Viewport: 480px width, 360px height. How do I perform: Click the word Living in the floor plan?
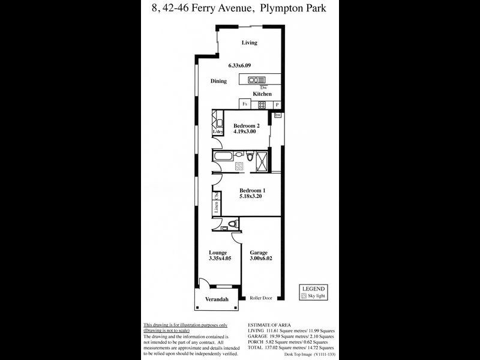249,43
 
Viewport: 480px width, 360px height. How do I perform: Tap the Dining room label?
218,81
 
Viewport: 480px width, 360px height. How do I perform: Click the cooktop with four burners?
262,104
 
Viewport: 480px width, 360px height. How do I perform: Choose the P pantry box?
277,104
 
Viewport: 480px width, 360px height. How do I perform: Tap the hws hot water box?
277,115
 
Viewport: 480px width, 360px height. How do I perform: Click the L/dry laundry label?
218,131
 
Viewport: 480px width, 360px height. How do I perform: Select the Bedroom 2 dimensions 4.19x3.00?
245,131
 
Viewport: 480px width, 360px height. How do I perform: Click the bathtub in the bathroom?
226,158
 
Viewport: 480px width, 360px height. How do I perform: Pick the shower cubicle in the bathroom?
262,160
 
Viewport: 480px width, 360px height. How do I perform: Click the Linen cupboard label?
215,207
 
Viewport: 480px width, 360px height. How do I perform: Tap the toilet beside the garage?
233,224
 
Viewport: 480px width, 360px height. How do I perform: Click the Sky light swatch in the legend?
303,296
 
